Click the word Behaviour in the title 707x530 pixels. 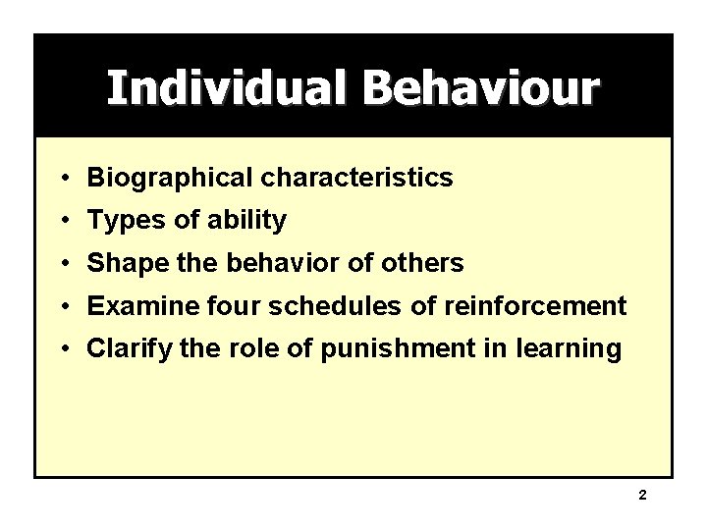pos(478,87)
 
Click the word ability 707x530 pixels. pos(246,221)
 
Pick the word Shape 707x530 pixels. pos(124,264)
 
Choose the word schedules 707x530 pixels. pos(322,306)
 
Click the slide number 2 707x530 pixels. pos(642,496)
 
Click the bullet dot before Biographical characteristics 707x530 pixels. pos(62,179)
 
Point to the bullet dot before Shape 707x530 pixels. pos(62,264)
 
